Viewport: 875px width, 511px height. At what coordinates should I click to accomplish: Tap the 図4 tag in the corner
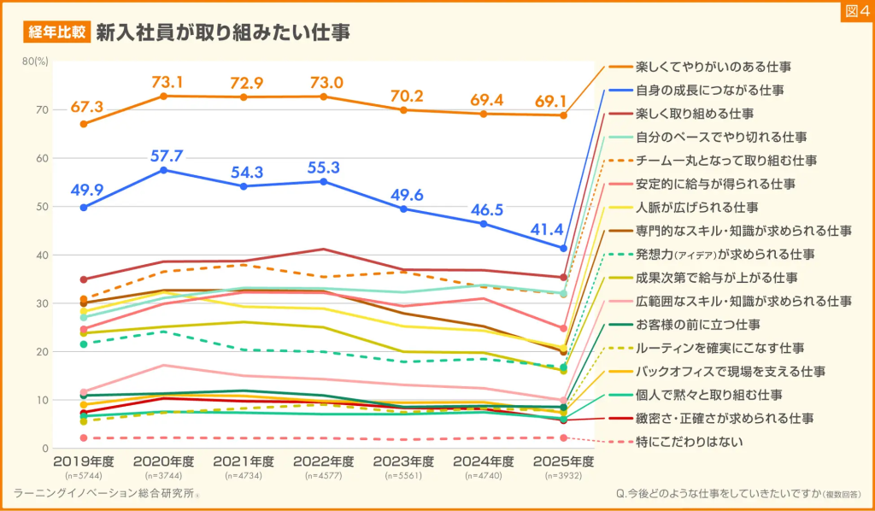click(855, 11)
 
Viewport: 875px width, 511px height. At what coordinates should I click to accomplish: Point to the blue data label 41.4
click(562, 230)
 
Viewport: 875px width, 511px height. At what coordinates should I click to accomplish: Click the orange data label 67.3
click(87, 107)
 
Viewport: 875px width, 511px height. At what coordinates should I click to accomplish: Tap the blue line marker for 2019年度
click(83, 208)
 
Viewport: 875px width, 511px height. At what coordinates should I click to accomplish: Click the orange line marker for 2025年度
click(564, 115)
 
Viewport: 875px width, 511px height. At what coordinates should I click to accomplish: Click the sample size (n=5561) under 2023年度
click(403, 474)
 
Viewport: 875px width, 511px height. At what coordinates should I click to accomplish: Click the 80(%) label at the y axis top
click(36, 62)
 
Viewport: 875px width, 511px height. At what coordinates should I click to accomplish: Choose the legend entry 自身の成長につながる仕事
click(710, 89)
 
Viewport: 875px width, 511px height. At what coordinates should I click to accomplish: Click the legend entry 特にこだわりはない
click(690, 442)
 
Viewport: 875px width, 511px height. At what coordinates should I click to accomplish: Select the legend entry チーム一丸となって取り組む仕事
click(726, 160)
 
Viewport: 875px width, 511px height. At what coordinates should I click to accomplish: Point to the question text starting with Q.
click(737, 494)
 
